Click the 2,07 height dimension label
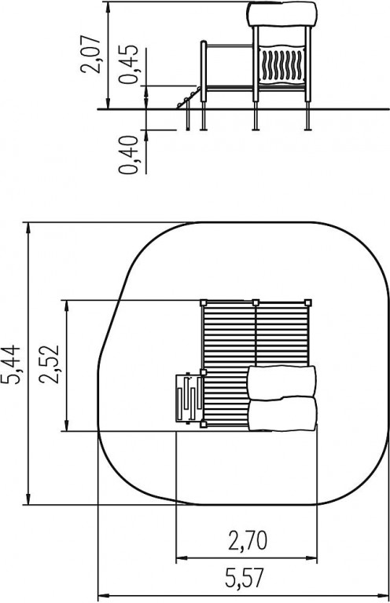[90, 54]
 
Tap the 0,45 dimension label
[128, 64]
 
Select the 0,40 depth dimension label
[128, 155]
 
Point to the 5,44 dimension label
[10, 364]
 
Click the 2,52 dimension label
[50, 364]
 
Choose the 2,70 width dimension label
[248, 541]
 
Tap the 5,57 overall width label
[245, 578]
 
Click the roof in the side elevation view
[282, 14]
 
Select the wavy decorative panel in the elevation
[282, 64]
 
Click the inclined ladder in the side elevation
[189, 98]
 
